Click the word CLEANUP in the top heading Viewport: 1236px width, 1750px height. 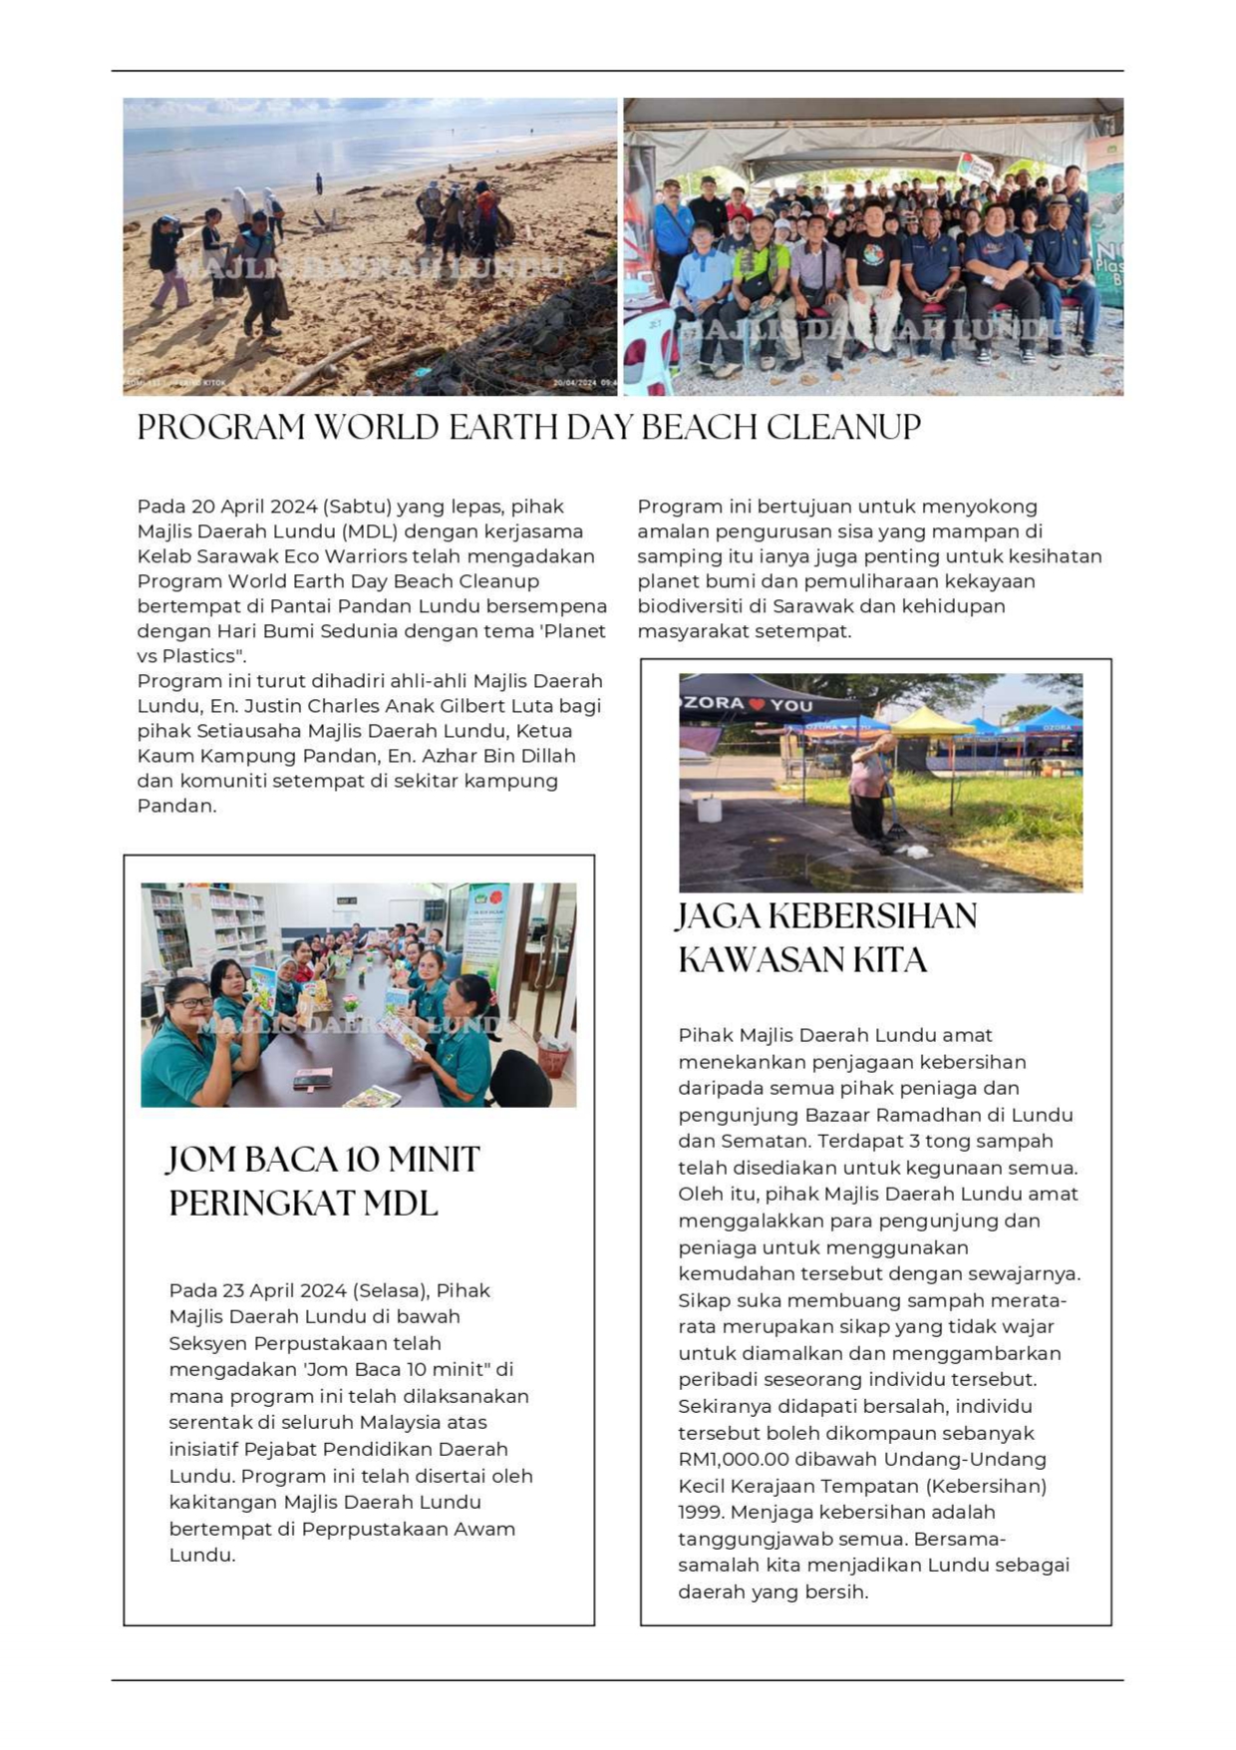(843, 428)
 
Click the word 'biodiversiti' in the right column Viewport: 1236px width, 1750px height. (691, 606)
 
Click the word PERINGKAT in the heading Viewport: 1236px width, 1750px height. (261, 1204)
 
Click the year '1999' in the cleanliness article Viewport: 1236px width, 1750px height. (701, 1513)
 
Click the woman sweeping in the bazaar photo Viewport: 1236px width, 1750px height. (871, 793)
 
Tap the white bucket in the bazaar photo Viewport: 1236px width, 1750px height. (709, 809)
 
